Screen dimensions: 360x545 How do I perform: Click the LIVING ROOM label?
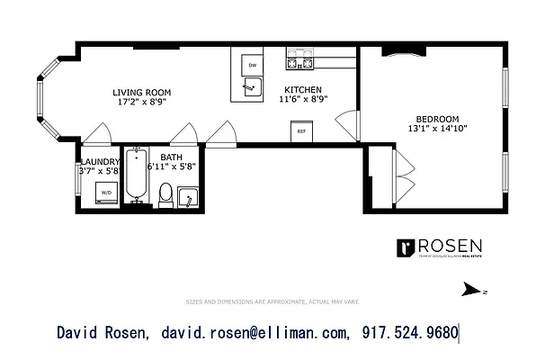point(141,92)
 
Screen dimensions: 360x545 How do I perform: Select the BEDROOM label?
point(437,119)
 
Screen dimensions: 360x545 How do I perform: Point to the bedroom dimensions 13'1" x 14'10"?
point(437,129)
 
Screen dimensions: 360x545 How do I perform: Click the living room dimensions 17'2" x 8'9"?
point(141,102)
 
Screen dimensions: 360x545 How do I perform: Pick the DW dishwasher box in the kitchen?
point(253,66)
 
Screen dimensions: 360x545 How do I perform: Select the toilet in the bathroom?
point(165,193)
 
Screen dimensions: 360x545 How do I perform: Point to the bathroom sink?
point(188,196)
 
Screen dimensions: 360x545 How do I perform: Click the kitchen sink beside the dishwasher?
point(253,88)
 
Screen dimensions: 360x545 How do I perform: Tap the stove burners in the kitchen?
point(299,62)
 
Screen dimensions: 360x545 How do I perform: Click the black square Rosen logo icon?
point(406,247)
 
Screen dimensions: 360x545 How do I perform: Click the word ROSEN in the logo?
point(450,246)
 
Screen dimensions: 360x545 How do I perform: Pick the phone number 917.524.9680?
point(410,334)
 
